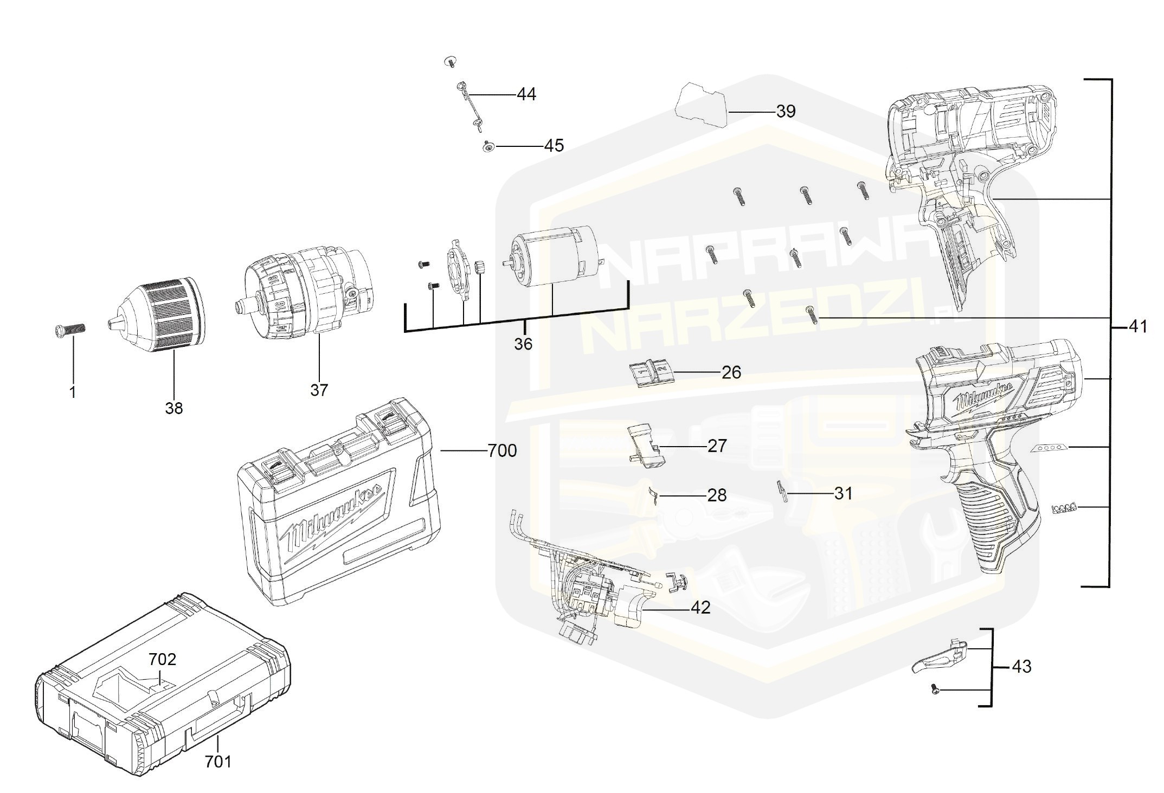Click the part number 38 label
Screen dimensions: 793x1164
(x=174, y=408)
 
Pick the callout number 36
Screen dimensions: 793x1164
(x=523, y=344)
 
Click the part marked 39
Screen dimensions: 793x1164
(x=700, y=105)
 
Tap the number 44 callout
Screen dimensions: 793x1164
(x=526, y=95)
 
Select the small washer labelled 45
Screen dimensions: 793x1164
(x=488, y=146)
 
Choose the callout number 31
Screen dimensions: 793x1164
(x=843, y=493)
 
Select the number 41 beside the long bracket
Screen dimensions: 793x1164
(x=1138, y=327)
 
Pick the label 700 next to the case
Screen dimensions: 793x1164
(x=502, y=450)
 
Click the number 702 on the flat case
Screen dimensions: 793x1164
(x=163, y=659)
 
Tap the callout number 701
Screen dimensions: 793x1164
(x=218, y=762)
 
